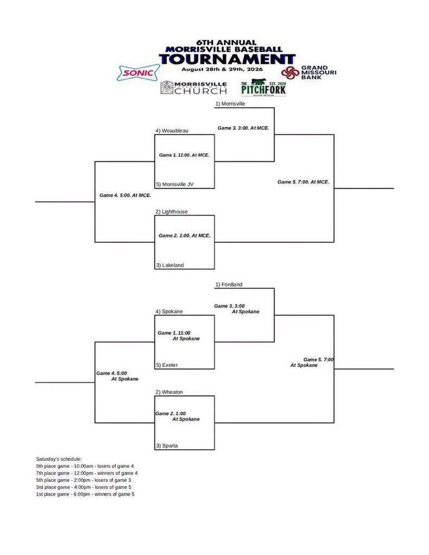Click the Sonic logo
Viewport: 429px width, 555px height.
[138, 73]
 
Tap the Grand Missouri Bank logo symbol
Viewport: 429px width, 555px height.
[290, 73]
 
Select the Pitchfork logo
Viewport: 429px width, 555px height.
[263, 87]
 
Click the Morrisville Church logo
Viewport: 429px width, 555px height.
[193, 87]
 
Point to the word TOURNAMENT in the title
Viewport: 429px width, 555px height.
[227, 59]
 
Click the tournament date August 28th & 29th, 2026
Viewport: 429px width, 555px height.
[222, 69]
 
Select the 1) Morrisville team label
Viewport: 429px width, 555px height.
[231, 103]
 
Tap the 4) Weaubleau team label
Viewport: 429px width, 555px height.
[172, 131]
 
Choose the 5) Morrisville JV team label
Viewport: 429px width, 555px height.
[174, 184]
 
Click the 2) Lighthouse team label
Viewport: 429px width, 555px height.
[172, 211]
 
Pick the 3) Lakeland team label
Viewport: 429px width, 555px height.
[170, 265]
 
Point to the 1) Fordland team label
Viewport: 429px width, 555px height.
[229, 285]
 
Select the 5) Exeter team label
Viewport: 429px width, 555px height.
[167, 365]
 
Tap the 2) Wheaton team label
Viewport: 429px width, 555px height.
[169, 392]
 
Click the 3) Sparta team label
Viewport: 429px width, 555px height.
[167, 446]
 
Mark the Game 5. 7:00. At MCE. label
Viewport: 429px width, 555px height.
[303, 182]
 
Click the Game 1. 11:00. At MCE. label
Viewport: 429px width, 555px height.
[184, 155]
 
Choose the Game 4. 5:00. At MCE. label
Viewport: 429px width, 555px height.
[125, 195]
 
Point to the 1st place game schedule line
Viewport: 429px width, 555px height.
[85, 494]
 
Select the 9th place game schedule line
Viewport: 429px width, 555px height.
[85, 466]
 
